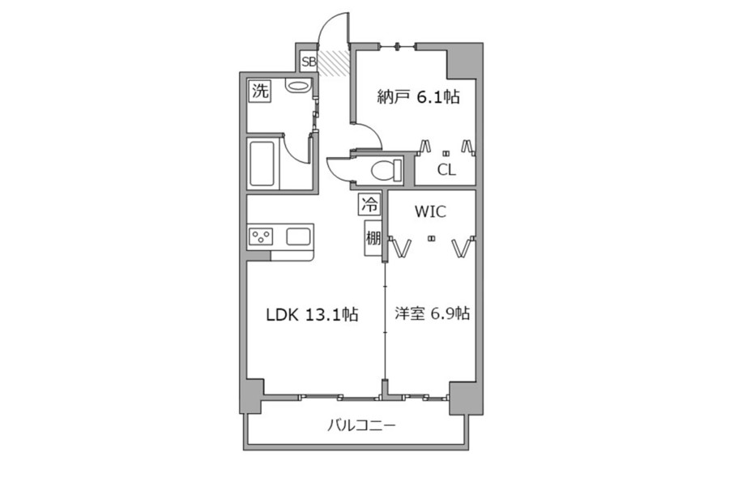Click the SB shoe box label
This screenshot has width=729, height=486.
tap(309, 62)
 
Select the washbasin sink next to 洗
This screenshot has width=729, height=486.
tap(297, 87)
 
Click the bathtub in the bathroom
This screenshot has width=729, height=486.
tap(262, 164)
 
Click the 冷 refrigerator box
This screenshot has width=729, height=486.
tap(369, 205)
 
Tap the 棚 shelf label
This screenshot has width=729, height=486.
tap(373, 238)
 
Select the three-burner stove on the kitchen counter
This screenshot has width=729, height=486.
tap(261, 237)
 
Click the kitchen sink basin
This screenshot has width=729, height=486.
tap(298, 237)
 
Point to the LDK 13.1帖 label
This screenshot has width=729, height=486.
tap(312, 315)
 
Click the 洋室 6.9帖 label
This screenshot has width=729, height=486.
tap(432, 313)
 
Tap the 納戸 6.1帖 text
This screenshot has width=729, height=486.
tap(419, 96)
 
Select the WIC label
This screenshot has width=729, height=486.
tap(430, 212)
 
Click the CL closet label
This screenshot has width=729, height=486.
tap(446, 170)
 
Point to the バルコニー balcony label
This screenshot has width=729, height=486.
tap(361, 425)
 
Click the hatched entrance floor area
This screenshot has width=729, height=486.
tap(334, 62)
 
